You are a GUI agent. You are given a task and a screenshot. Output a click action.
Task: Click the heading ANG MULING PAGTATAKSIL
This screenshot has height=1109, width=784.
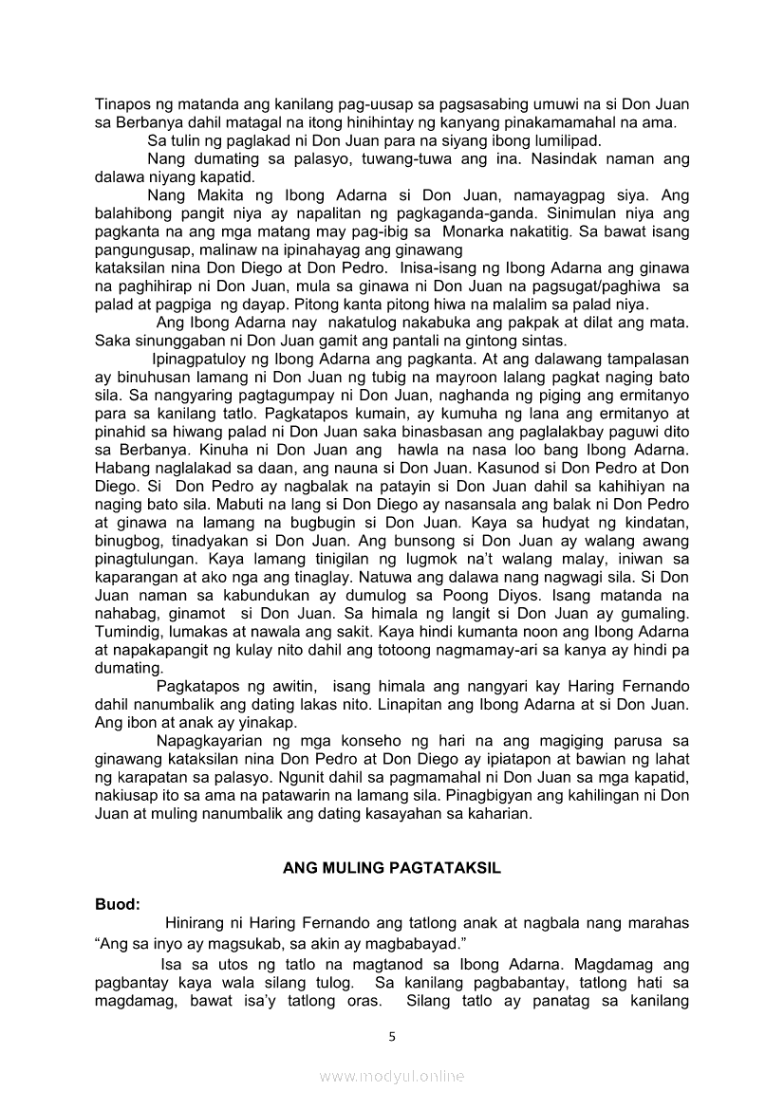392,868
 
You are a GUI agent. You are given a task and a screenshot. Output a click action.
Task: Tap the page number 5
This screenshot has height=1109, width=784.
392,1036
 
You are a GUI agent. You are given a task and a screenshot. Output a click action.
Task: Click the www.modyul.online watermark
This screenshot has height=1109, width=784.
392,1076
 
